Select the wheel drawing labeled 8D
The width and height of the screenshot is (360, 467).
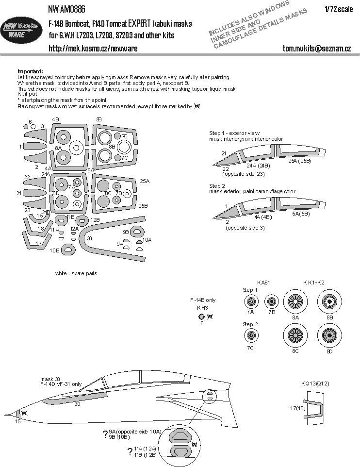330,334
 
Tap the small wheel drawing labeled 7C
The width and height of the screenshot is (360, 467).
251,334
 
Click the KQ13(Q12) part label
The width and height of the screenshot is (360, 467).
315,384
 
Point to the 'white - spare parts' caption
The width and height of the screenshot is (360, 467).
76,273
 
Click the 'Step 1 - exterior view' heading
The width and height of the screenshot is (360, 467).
234,133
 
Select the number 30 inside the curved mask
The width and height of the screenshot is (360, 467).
89,238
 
